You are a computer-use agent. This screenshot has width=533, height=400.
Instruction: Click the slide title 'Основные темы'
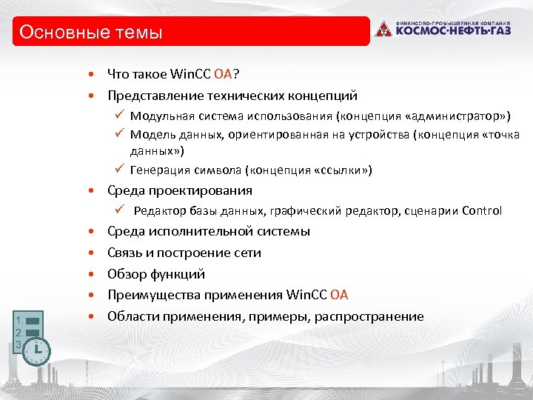(90, 33)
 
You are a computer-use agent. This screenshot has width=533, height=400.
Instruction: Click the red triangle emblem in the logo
(383, 30)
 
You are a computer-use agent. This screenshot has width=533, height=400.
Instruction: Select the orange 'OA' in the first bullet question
(223, 73)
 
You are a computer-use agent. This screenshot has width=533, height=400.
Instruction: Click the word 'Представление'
(152, 96)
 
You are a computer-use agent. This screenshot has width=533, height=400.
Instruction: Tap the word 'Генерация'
(158, 170)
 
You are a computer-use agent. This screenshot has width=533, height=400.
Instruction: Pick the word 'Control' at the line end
(481, 211)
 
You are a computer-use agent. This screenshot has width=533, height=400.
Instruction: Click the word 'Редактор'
(158, 211)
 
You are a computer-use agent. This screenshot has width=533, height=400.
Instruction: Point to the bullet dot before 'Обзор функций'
(90, 274)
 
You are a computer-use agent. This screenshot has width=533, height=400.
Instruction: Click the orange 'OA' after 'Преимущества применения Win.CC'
(339, 296)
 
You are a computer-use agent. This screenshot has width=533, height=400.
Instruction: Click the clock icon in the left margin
(36, 350)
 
